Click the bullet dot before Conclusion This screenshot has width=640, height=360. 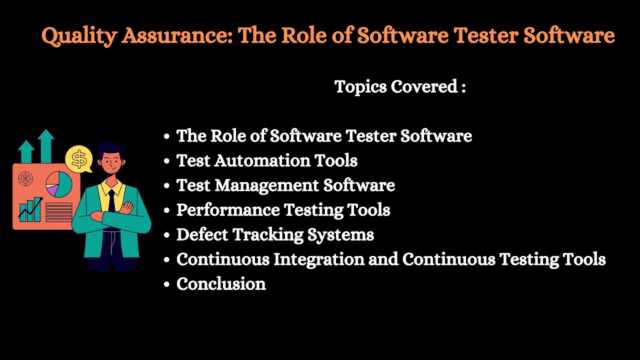tap(167, 284)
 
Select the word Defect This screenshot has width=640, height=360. tap(202, 234)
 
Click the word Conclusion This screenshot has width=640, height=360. tap(221, 284)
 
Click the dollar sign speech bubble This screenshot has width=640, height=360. tap(79, 159)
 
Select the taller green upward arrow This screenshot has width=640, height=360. tap(46, 145)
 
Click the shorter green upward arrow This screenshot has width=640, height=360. tap(26, 151)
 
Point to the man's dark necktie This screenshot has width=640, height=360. tap(111, 200)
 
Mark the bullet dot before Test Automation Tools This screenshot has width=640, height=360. tap(167, 161)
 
